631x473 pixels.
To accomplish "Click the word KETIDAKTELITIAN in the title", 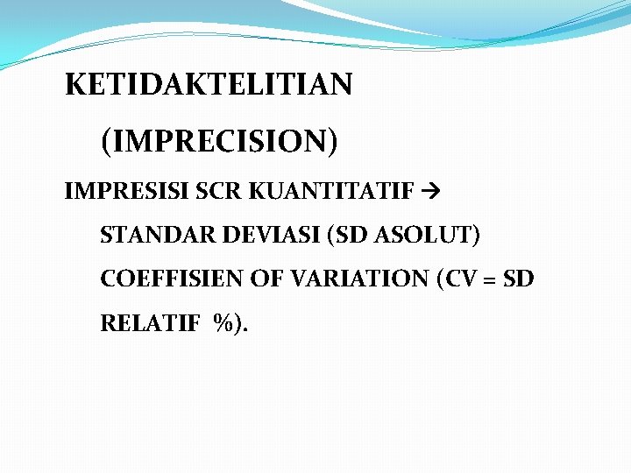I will (209, 85).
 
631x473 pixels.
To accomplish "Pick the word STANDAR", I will (152, 235).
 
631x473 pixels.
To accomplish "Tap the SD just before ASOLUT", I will (346, 235).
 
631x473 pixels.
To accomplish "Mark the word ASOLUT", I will (423, 235).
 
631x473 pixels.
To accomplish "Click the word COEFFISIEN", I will (173, 279).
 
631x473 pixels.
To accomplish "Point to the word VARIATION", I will (358, 279).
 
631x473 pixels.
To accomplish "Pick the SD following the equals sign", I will (518, 279).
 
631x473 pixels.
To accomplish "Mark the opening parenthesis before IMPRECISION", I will (106, 140).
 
